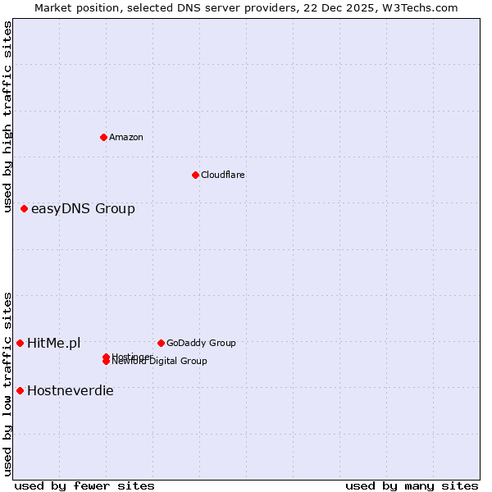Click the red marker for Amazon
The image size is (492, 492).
(x=103, y=137)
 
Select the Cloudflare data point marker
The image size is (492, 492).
(x=195, y=175)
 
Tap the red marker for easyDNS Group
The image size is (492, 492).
(x=25, y=208)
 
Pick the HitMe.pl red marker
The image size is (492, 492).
(x=20, y=343)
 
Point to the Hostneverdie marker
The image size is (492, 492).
(x=20, y=390)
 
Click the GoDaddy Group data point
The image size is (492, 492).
(x=161, y=343)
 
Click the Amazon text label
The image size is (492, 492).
(x=125, y=137)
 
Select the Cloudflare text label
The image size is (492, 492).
(x=222, y=175)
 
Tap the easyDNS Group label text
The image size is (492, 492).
(x=83, y=208)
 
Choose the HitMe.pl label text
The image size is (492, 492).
(x=53, y=343)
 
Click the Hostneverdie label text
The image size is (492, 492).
(x=70, y=390)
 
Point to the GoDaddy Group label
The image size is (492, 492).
(x=201, y=343)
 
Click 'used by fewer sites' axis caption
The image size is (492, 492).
(x=84, y=485)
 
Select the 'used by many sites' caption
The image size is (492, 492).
(x=412, y=485)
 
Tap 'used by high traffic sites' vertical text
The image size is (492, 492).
(x=7, y=116)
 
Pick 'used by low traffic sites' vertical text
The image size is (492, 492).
(x=7, y=384)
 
